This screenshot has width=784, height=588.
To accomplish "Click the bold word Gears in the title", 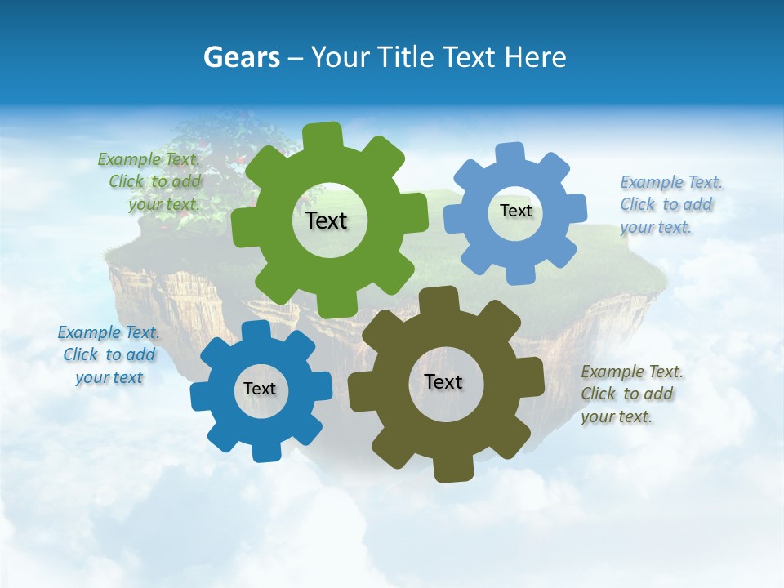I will pyautogui.click(x=241, y=57).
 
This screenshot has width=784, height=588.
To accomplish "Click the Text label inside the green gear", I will pyautogui.click(x=326, y=220).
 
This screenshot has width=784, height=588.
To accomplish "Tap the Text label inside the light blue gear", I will pyautogui.click(x=515, y=211).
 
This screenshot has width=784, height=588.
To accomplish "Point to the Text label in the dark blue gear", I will pyautogui.click(x=260, y=389).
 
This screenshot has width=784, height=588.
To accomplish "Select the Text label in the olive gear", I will pyautogui.click(x=443, y=381).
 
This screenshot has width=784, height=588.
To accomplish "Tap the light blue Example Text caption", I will pyautogui.click(x=669, y=205).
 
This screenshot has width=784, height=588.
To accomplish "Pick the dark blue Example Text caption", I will pyautogui.click(x=109, y=354).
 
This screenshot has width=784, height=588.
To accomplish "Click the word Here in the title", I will pyautogui.click(x=535, y=57).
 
